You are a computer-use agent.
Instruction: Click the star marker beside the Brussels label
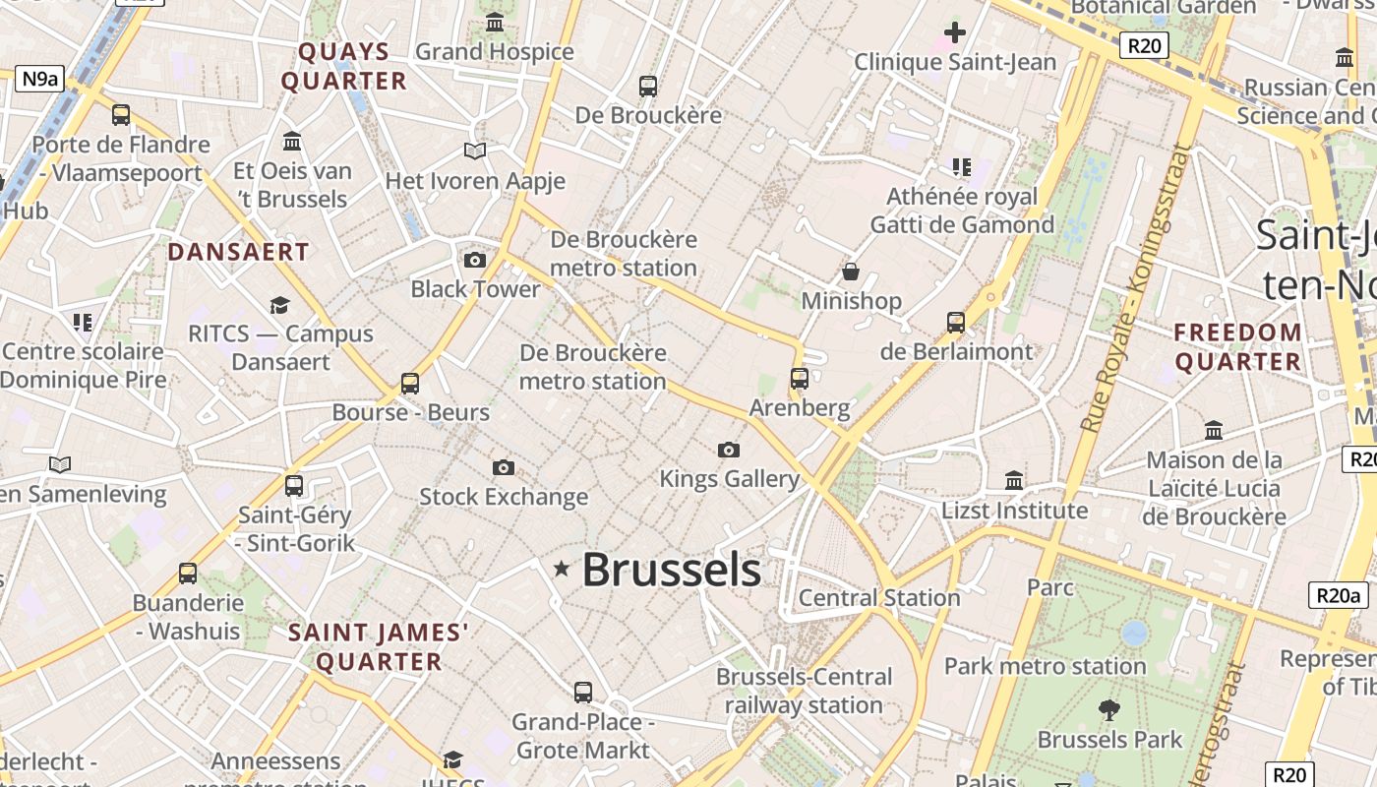pyautogui.click(x=562, y=568)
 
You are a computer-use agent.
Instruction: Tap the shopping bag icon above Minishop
pyautogui.click(x=851, y=272)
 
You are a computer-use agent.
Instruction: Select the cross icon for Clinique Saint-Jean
pyautogui.click(x=954, y=32)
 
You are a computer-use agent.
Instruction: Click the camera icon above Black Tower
pyautogui.click(x=475, y=260)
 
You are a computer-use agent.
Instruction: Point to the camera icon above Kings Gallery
pyautogui.click(x=728, y=450)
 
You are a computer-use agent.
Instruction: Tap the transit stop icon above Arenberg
pyautogui.click(x=799, y=378)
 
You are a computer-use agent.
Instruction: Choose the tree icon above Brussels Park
pyautogui.click(x=1108, y=709)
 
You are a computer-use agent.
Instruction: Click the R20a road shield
pyautogui.click(x=1339, y=595)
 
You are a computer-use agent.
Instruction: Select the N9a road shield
pyautogui.click(x=39, y=79)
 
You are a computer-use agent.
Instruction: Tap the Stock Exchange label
pyautogui.click(x=504, y=497)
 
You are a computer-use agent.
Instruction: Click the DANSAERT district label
pyautogui.click(x=238, y=252)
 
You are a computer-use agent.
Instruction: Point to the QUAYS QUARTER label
pyautogui.click(x=344, y=66)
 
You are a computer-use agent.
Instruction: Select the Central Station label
pyautogui.click(x=879, y=597)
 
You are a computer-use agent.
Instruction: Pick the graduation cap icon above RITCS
pyautogui.click(x=280, y=305)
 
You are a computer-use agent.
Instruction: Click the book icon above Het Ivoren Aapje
pyautogui.click(x=475, y=151)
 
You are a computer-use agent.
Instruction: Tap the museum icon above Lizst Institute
pyautogui.click(x=1014, y=480)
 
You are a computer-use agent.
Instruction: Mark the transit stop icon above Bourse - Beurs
pyautogui.click(x=410, y=383)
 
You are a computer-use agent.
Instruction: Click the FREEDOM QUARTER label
pyautogui.click(x=1238, y=347)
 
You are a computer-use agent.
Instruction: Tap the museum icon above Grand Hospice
pyautogui.click(x=495, y=22)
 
